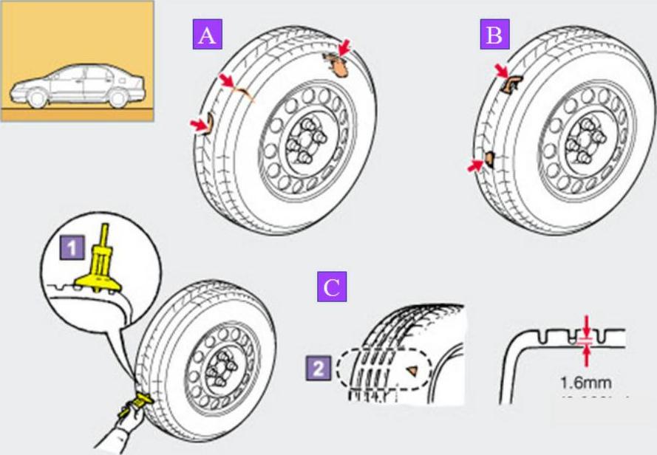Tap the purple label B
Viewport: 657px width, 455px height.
point(494,35)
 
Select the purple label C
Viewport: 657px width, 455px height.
point(332,287)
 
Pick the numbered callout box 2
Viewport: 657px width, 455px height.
point(317,367)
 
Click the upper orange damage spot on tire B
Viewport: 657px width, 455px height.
point(510,83)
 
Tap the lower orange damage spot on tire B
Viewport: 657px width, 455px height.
point(489,157)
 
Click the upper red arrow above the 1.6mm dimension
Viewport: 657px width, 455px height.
point(586,324)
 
